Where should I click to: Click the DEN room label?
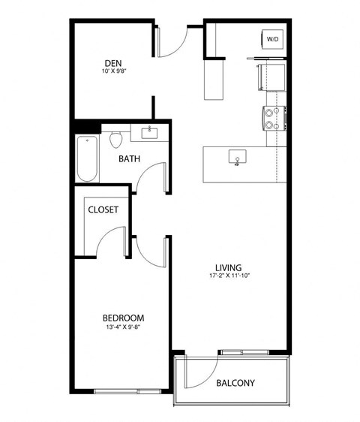tap(113, 62)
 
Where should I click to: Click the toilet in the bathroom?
tap(115, 140)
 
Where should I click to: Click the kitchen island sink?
tap(238, 158)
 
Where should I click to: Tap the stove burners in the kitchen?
tap(270, 116)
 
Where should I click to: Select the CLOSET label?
tap(103, 210)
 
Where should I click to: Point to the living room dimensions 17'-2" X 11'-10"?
tap(229, 276)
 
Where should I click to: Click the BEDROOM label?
tap(123, 318)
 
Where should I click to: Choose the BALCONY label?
tap(235, 383)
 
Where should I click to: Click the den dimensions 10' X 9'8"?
tap(113, 73)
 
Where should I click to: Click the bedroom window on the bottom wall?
tap(127, 390)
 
